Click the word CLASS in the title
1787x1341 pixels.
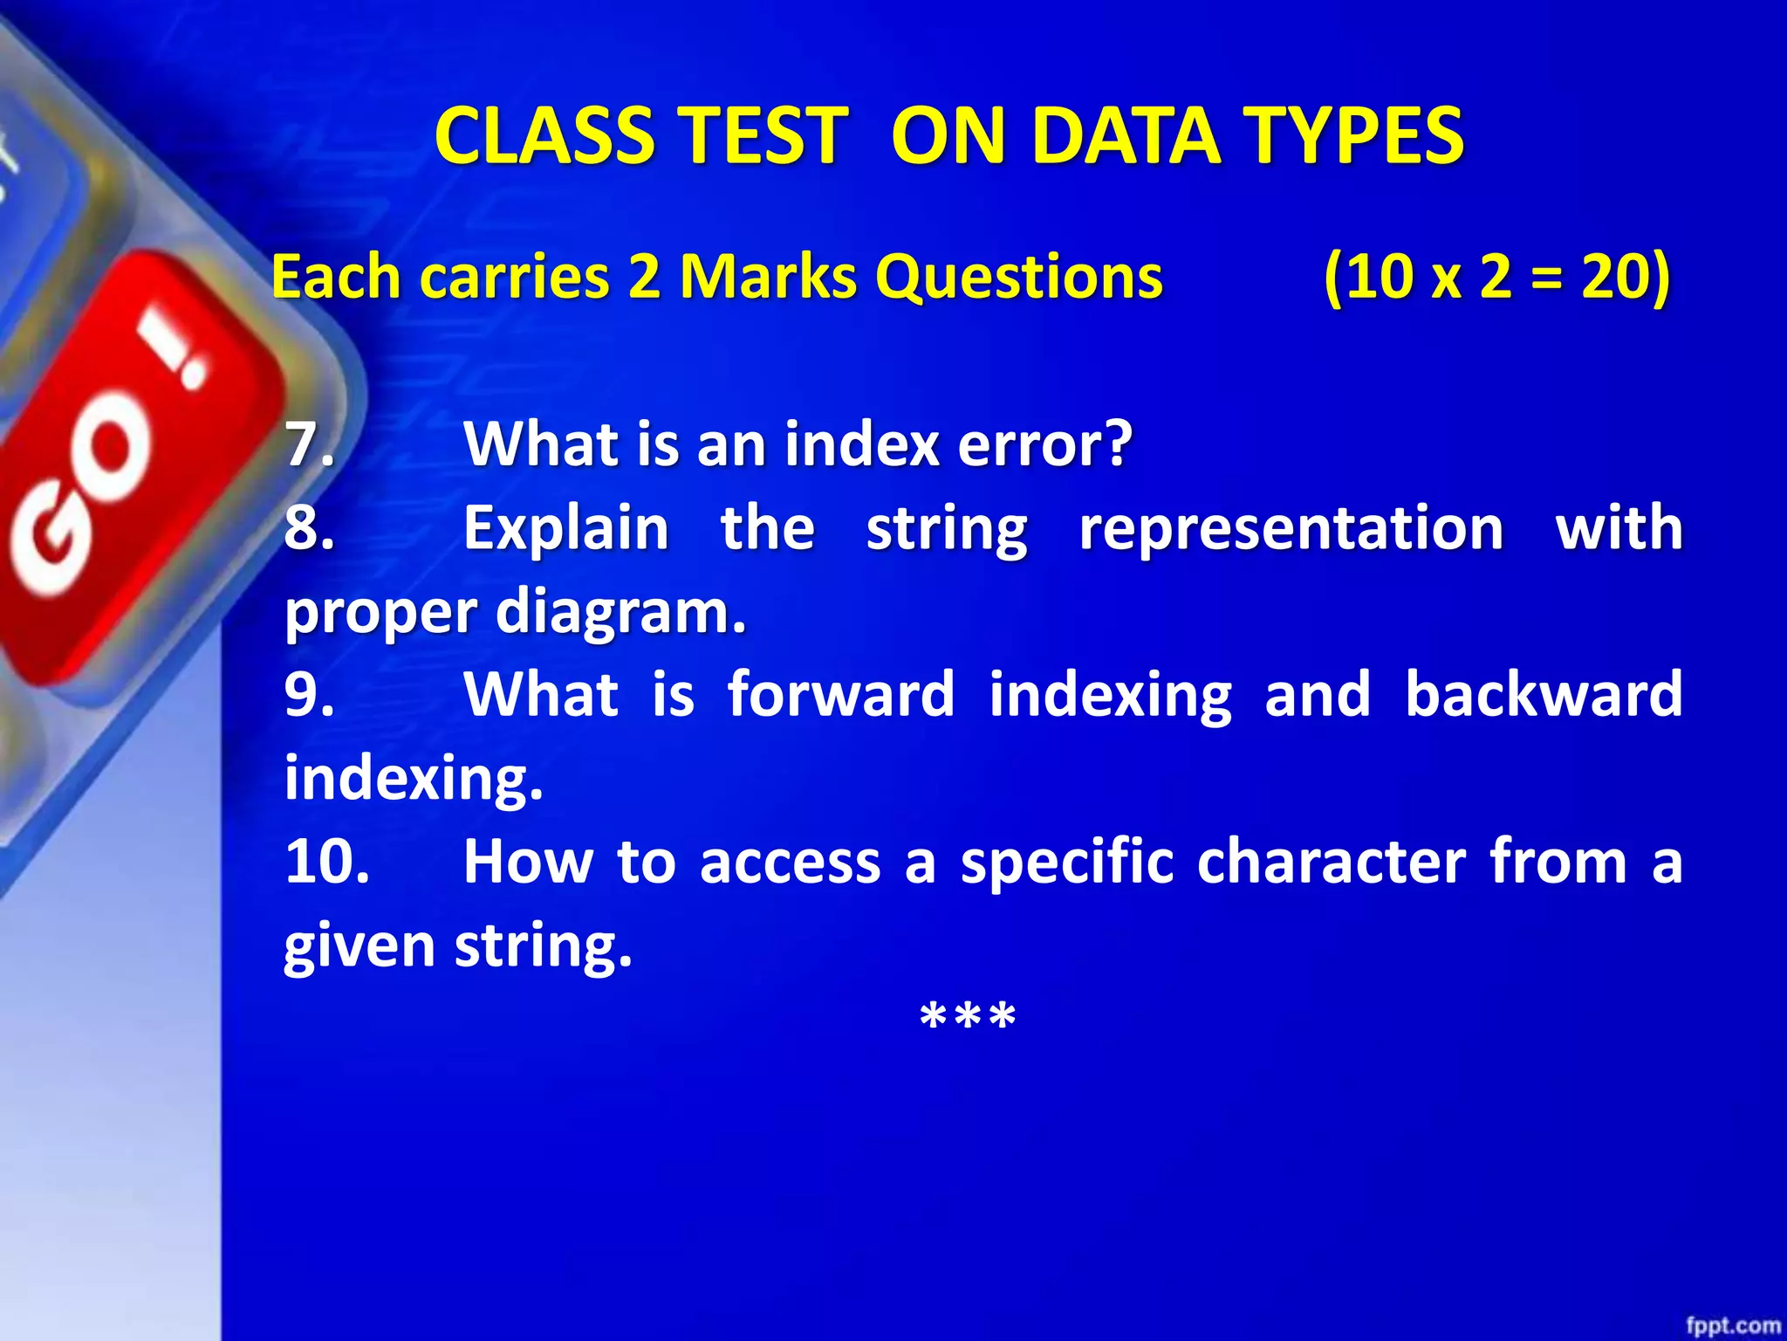[x=544, y=136]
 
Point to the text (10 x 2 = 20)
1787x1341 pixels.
[x=1496, y=277]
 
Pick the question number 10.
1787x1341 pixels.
[x=326, y=861]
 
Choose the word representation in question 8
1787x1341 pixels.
[x=1291, y=527]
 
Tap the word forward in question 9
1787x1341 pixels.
[x=841, y=694]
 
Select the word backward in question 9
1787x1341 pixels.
[x=1543, y=694]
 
